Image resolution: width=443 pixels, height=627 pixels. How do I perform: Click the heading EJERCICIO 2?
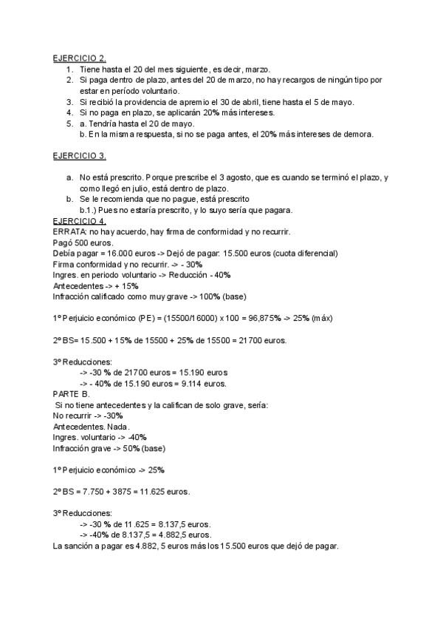click(79, 57)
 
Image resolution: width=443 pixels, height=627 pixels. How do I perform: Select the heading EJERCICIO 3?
click(79, 156)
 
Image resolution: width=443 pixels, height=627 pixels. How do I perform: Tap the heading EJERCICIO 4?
click(79, 221)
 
